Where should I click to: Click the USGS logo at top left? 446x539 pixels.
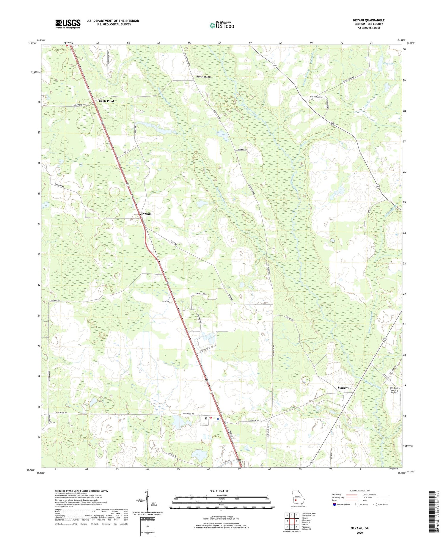pyautogui.click(x=68, y=24)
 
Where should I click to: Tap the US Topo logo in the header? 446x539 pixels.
pyautogui.click(x=222, y=26)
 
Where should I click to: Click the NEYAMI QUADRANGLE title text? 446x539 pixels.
pyautogui.click(x=367, y=20)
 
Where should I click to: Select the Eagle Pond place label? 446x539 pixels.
pyautogui.click(x=106, y=101)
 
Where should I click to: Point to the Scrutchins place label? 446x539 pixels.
pyautogui.click(x=203, y=77)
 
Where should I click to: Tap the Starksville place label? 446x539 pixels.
pyautogui.click(x=345, y=388)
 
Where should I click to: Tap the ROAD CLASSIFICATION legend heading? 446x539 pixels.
pyautogui.click(x=360, y=491)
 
